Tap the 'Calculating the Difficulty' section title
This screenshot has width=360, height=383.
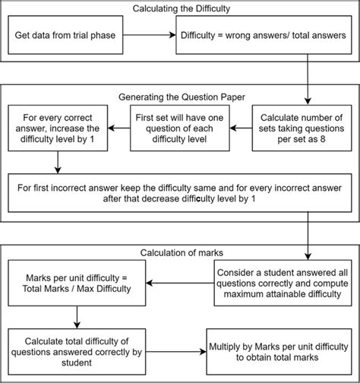point(179,9)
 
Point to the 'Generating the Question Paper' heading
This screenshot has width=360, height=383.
point(179,97)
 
